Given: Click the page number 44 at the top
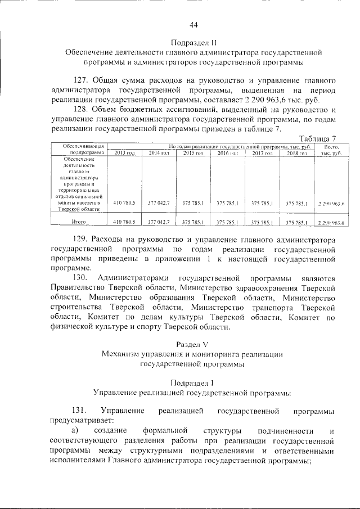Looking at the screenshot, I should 193,25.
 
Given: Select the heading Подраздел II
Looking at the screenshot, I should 193,42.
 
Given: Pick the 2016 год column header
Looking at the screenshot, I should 228,153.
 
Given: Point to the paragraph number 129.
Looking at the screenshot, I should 82,240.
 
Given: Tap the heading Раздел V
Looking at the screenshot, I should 192,344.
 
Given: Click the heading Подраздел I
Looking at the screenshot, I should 192,382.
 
